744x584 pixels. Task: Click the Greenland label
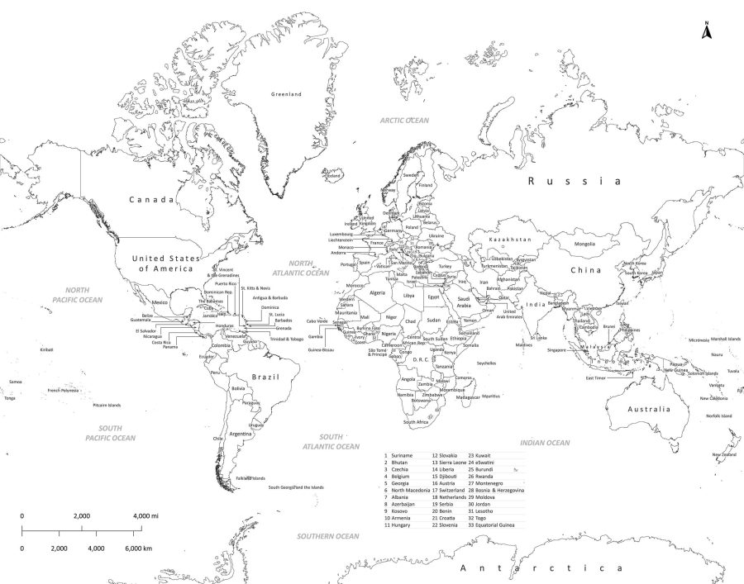tap(287, 94)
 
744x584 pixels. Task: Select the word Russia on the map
tap(574, 181)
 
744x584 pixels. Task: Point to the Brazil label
tap(265, 377)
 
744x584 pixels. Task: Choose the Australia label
tap(647, 410)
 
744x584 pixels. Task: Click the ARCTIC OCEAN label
tap(404, 121)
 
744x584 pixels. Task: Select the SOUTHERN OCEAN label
tap(328, 536)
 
